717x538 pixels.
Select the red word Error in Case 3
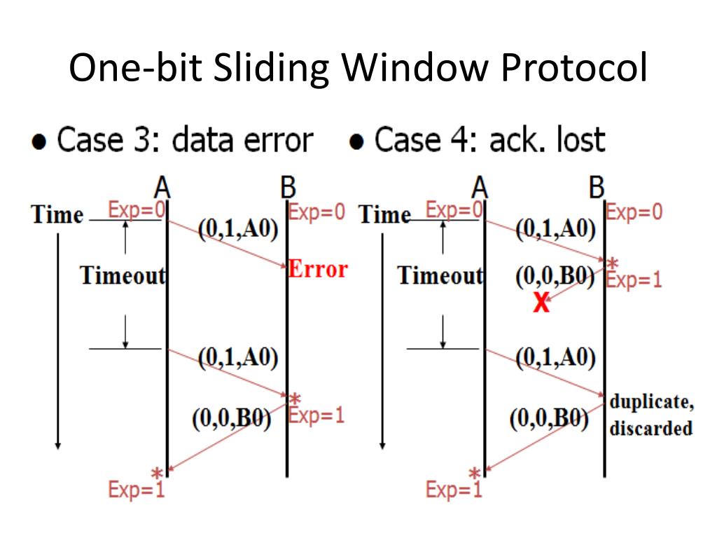pyautogui.click(x=318, y=269)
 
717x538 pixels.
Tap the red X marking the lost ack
pyautogui.click(x=540, y=303)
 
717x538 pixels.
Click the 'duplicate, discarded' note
pyautogui.click(x=651, y=415)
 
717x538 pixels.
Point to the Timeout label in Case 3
pyautogui.click(x=123, y=275)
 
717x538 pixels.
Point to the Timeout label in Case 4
pyautogui.click(x=440, y=275)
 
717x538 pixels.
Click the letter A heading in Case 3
pyautogui.click(x=162, y=188)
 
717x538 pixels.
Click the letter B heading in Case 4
pyautogui.click(x=597, y=188)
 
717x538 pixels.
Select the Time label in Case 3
pyautogui.click(x=57, y=214)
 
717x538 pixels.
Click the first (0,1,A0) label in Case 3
pyautogui.click(x=238, y=230)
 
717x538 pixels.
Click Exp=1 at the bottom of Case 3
pyautogui.click(x=137, y=489)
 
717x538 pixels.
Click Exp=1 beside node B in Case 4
pyautogui.click(x=634, y=280)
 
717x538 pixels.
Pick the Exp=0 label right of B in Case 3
pyautogui.click(x=316, y=212)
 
